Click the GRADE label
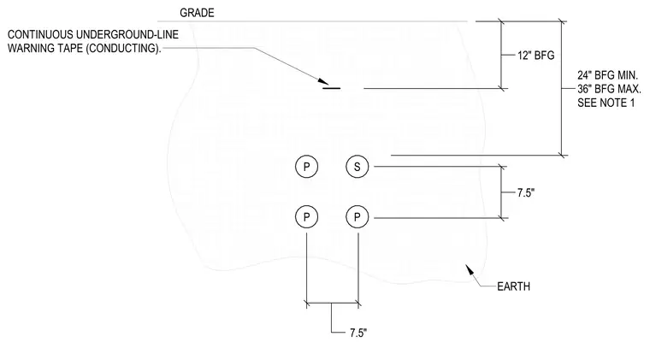click(197, 13)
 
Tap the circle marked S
click(357, 167)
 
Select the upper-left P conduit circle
click(307, 167)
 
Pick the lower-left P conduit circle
click(307, 216)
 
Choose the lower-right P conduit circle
click(357, 216)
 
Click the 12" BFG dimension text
click(535, 56)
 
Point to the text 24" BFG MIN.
click(607, 75)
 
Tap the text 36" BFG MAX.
click(609, 89)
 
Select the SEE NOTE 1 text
click(606, 103)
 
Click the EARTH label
click(514, 286)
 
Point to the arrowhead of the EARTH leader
click(470, 269)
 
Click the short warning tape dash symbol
click(332, 88)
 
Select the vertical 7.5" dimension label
click(526, 192)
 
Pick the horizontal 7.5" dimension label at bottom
click(358, 333)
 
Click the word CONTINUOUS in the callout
click(41, 34)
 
